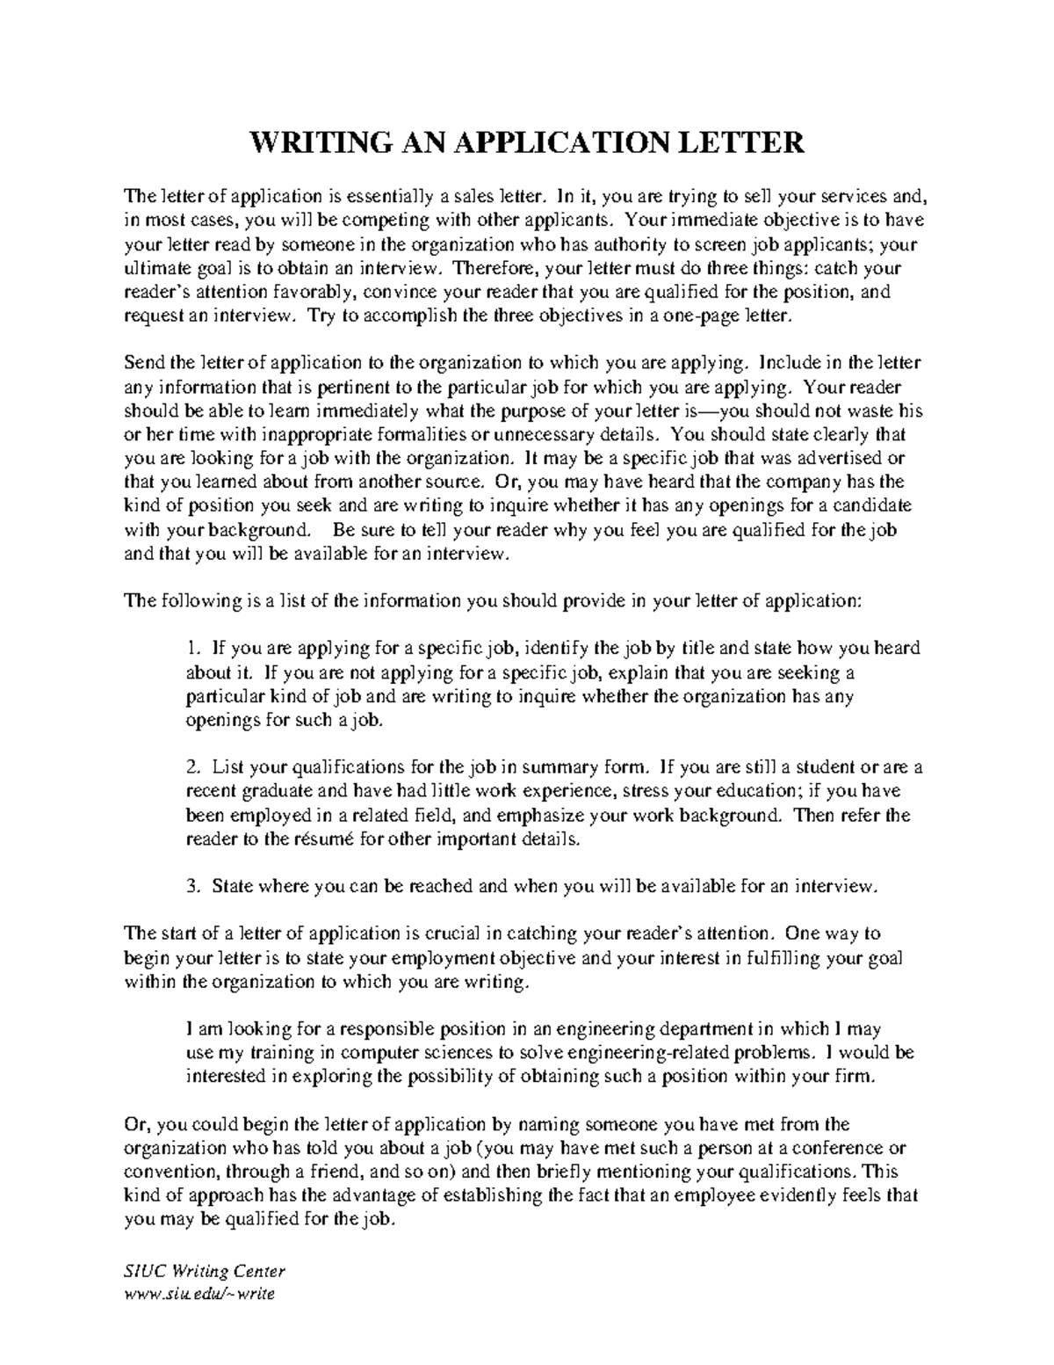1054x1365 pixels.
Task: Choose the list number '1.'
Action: pyautogui.click(x=194, y=649)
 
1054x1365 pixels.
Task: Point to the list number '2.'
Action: pyautogui.click(x=194, y=767)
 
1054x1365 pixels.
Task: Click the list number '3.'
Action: pyautogui.click(x=194, y=886)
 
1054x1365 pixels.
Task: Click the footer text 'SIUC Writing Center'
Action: pyautogui.click(x=206, y=1272)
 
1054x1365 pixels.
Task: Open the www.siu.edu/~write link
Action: pyautogui.click(x=200, y=1295)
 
